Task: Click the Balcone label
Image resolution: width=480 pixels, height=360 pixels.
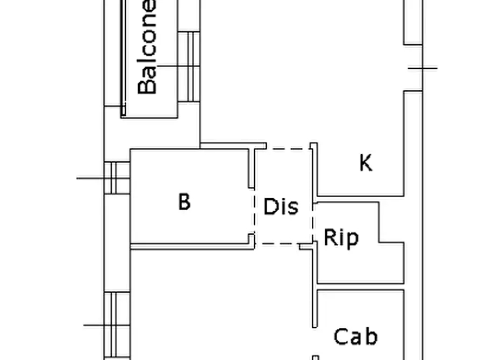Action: (147, 47)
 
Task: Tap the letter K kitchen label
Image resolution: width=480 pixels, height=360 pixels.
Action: (366, 163)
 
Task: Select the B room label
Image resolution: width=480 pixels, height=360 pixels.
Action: (184, 201)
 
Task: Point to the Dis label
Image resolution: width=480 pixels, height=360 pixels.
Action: (281, 206)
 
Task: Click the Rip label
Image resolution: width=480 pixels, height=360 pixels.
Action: (341, 238)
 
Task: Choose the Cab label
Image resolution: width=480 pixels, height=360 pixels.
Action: (355, 337)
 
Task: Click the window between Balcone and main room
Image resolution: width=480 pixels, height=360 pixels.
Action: (189, 66)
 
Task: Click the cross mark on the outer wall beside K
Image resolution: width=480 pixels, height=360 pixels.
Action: (423, 68)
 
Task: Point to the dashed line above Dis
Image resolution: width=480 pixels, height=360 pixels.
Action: (288, 149)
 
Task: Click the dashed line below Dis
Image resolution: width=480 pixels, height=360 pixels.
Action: (277, 244)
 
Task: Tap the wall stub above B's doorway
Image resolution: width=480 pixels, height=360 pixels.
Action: (251, 168)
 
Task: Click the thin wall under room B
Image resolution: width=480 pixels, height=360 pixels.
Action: (192, 247)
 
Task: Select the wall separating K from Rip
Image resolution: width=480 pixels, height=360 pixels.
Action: (361, 199)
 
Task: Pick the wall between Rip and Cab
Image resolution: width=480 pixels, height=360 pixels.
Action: (361, 286)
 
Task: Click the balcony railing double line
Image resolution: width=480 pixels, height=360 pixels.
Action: (123, 58)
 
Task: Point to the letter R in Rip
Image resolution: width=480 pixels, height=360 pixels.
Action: (329, 237)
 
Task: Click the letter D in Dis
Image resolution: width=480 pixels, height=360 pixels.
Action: (270, 206)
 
